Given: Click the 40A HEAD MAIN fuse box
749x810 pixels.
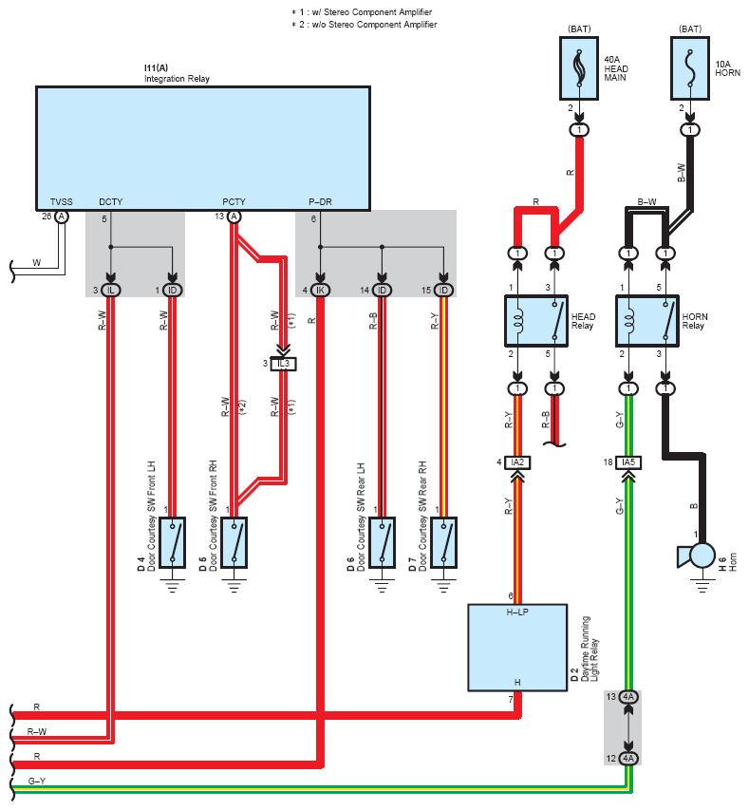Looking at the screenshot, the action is point(579,68).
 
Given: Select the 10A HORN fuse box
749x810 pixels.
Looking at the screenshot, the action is point(690,68).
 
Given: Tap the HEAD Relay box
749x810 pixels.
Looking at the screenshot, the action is point(536,321).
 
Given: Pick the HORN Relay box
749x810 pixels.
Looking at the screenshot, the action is point(647,321).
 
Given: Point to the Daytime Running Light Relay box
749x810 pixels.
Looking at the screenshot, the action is point(517,648).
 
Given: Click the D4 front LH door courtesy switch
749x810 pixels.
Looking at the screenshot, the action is point(173,542).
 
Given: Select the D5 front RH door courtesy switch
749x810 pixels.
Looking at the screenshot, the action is point(234,542).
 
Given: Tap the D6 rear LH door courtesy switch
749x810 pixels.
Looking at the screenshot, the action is point(383,542).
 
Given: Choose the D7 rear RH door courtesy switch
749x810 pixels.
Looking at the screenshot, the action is point(443,542).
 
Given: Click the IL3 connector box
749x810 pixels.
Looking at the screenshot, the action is point(283,364).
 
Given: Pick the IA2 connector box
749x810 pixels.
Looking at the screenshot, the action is point(517,462).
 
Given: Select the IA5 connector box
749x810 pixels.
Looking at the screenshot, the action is point(628,462).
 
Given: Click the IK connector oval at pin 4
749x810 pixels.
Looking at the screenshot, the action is point(320,291).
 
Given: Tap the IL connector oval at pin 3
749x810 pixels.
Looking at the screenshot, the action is point(110,291).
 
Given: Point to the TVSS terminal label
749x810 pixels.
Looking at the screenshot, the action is point(62,202).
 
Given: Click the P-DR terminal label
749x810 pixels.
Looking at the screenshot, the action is point(320,202).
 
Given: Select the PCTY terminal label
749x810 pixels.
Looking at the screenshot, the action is point(234,202).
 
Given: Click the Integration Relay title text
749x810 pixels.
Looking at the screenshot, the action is point(177,79).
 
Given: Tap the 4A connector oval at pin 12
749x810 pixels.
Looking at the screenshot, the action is point(628,759).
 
